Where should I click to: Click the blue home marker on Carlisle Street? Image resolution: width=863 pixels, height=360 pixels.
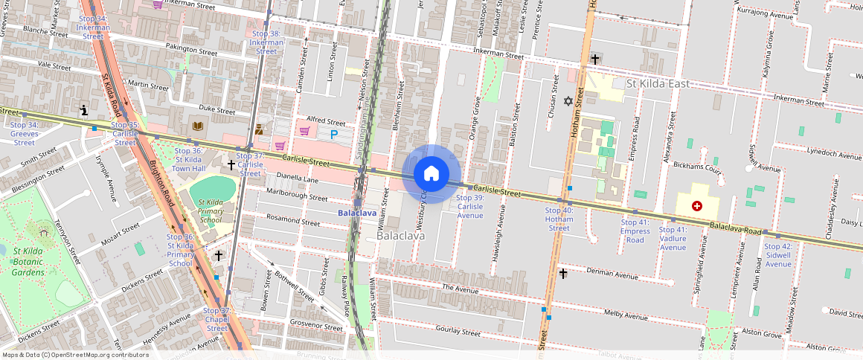pyautogui.click(x=431, y=173)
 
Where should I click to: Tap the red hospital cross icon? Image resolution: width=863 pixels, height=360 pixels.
pyautogui.click(x=696, y=205)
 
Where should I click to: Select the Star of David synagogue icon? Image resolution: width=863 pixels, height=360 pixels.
pyautogui.click(x=568, y=100)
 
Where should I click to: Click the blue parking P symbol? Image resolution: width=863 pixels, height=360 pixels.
pyautogui.click(x=334, y=134)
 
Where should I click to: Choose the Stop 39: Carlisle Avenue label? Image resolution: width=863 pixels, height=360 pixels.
pyautogui.click(x=469, y=207)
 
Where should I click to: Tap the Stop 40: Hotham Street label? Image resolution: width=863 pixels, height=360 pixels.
pyautogui.click(x=559, y=219)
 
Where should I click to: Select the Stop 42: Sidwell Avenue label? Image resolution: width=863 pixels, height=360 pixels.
pyautogui.click(x=778, y=255)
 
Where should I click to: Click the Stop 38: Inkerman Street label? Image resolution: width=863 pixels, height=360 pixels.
pyautogui.click(x=266, y=42)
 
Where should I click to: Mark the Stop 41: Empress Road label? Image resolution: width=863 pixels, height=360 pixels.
pyautogui.click(x=635, y=231)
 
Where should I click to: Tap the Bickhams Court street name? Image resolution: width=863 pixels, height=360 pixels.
pyautogui.click(x=697, y=169)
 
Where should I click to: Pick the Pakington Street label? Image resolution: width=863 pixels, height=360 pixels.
pyautogui.click(x=191, y=50)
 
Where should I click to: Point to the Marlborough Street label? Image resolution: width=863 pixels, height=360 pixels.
pyautogui.click(x=297, y=198)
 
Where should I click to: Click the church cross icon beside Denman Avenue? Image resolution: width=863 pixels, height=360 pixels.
pyautogui.click(x=563, y=274)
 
